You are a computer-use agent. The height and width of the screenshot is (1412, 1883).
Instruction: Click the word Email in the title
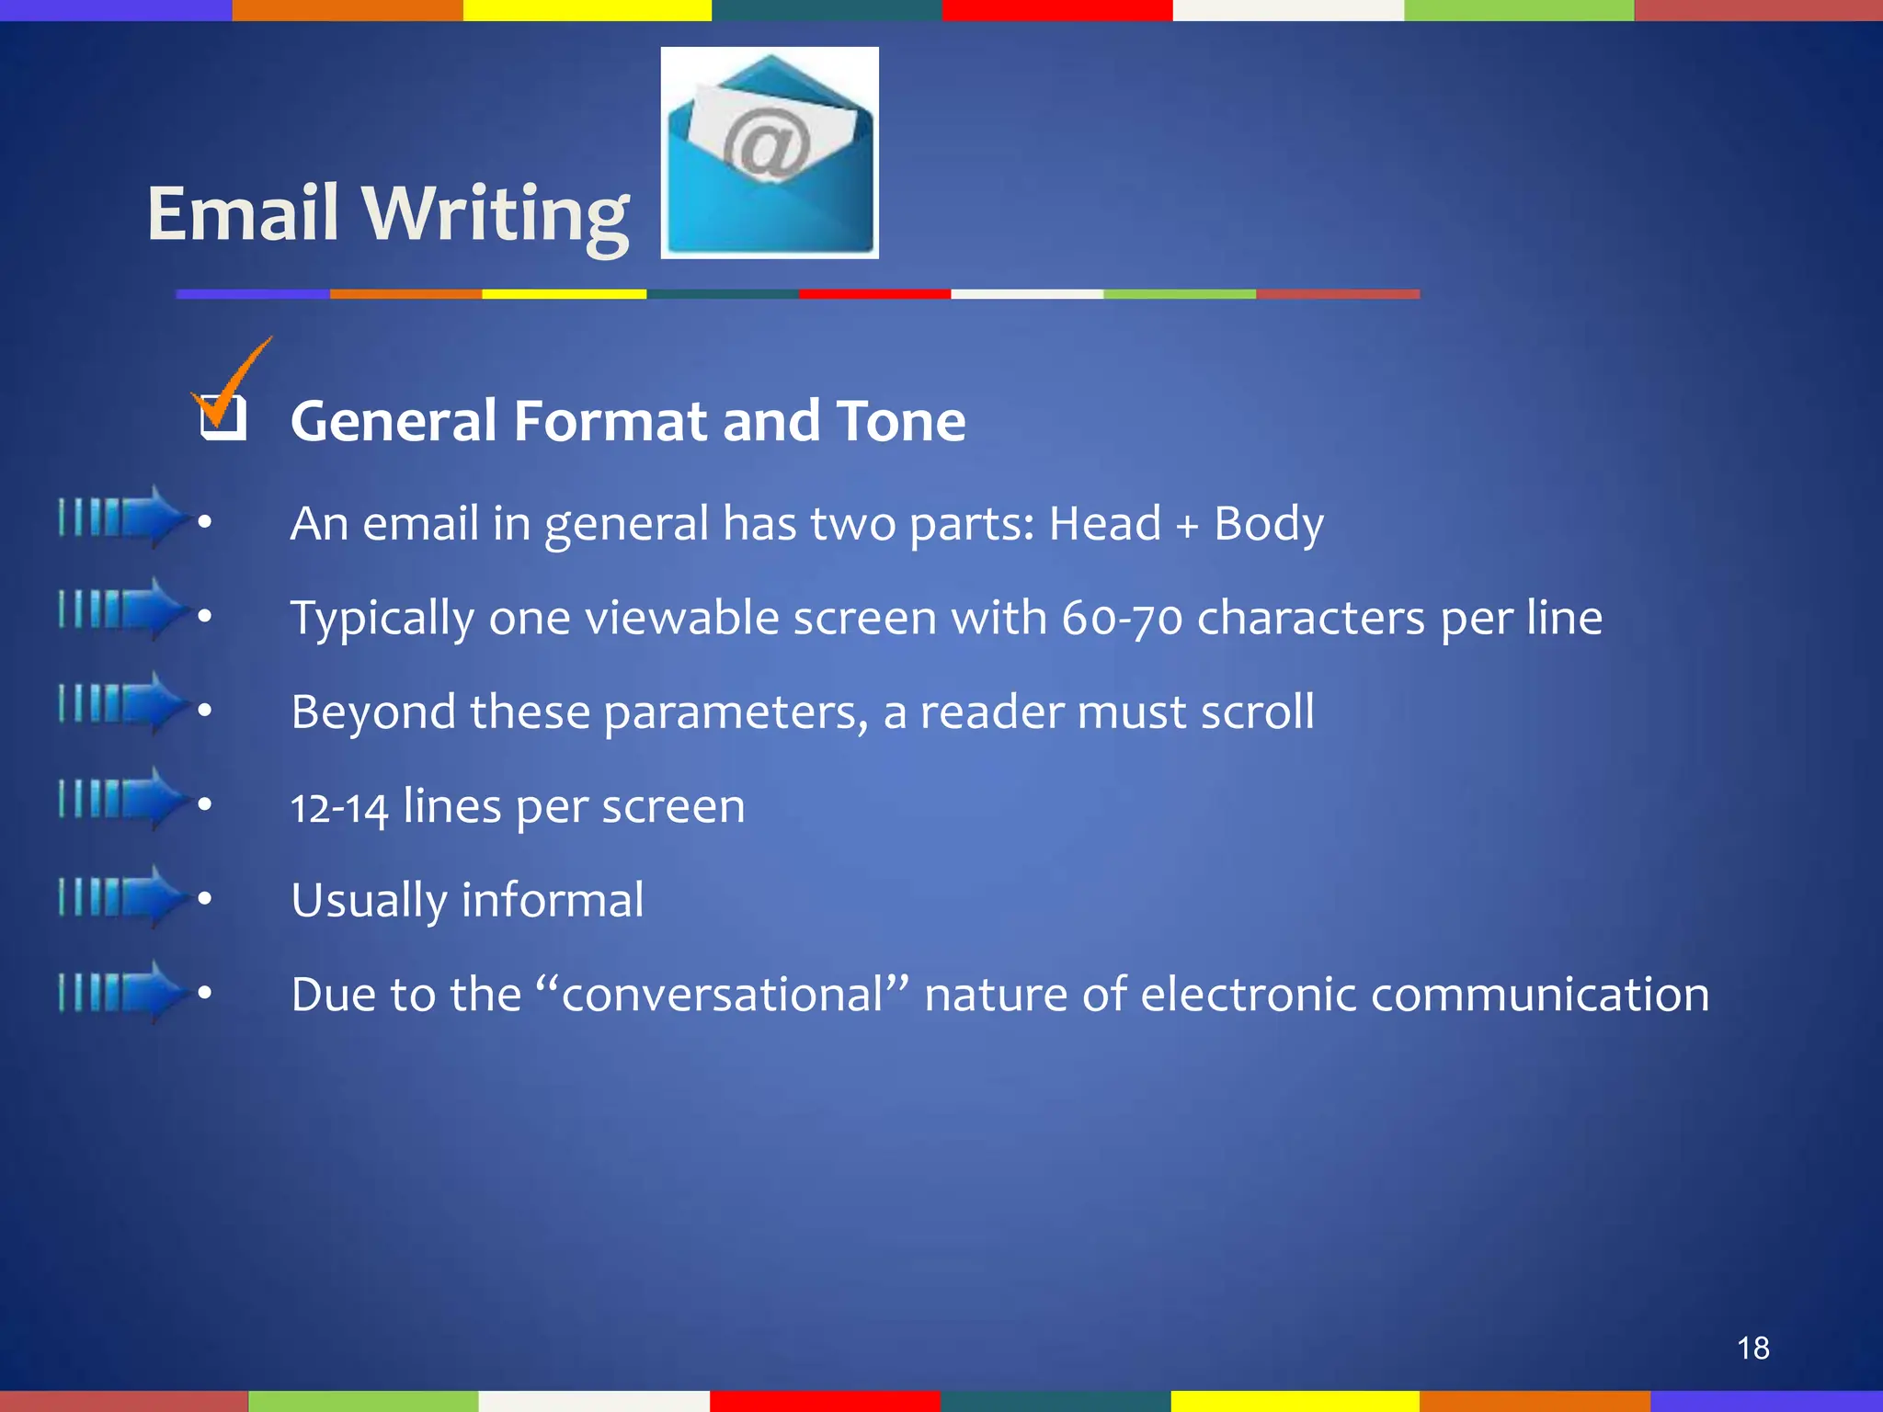[243, 213]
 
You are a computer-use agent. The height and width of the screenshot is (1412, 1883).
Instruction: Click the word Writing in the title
[496, 215]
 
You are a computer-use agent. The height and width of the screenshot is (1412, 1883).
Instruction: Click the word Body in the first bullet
[1269, 525]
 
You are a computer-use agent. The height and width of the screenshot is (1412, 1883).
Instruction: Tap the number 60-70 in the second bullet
[1122, 618]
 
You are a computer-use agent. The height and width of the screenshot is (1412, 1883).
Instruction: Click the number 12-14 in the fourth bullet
[339, 807]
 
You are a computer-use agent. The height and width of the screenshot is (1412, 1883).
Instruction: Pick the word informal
[553, 900]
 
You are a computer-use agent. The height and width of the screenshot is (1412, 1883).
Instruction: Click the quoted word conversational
[722, 995]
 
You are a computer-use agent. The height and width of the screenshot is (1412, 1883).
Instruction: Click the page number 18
[1752, 1348]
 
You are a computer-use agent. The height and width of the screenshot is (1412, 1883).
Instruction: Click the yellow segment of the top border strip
[587, 10]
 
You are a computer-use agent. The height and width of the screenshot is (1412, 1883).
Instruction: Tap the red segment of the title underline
[874, 294]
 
